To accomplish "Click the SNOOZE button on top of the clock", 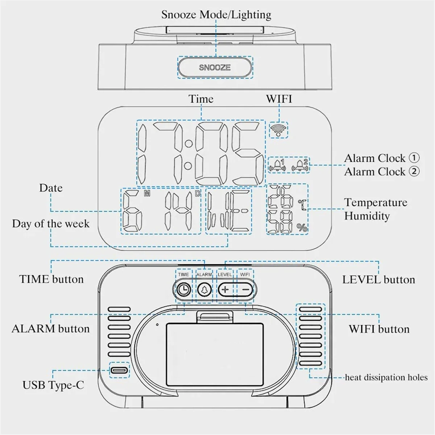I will pyautogui.click(x=215, y=67).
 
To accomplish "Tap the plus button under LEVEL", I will pyautogui.click(x=225, y=289).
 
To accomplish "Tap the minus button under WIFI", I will pyautogui.click(x=246, y=289).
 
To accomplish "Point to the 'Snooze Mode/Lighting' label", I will pyautogui.click(x=216, y=14).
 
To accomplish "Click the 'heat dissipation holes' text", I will pyautogui.click(x=386, y=377).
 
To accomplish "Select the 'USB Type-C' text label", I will pyautogui.click(x=53, y=385).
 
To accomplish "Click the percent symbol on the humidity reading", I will pyautogui.click(x=302, y=228).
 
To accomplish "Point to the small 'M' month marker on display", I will pyautogui.click(x=147, y=194).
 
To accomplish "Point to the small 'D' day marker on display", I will pyautogui.click(x=198, y=194).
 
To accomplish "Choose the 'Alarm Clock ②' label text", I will pyautogui.click(x=381, y=171).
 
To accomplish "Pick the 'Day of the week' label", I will pyautogui.click(x=50, y=223).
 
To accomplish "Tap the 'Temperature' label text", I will pyautogui.click(x=376, y=202).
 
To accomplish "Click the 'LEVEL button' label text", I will pyautogui.click(x=378, y=279).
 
